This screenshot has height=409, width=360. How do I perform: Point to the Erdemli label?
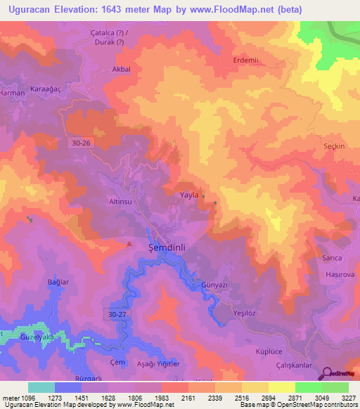(x=245, y=60)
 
